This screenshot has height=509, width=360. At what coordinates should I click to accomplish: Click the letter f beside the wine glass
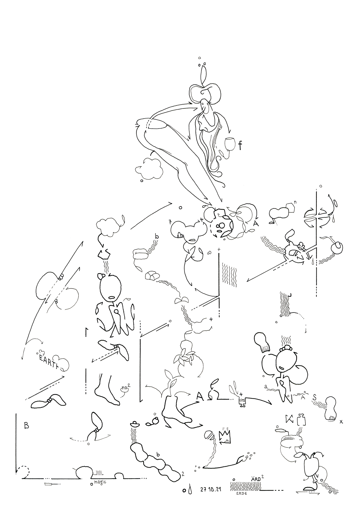(240, 146)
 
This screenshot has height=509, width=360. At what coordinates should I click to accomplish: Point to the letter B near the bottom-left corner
(26, 425)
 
